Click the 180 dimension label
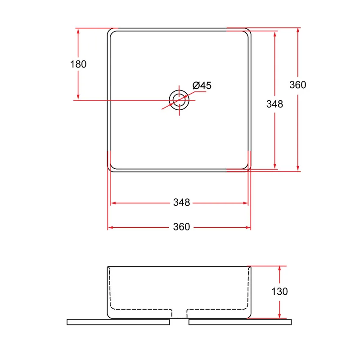[78, 64]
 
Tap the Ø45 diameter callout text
[202, 85]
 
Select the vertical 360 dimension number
[297, 85]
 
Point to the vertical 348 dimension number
[274, 104]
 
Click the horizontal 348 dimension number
[181, 202]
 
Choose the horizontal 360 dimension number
[181, 227]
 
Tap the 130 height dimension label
[279, 292]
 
